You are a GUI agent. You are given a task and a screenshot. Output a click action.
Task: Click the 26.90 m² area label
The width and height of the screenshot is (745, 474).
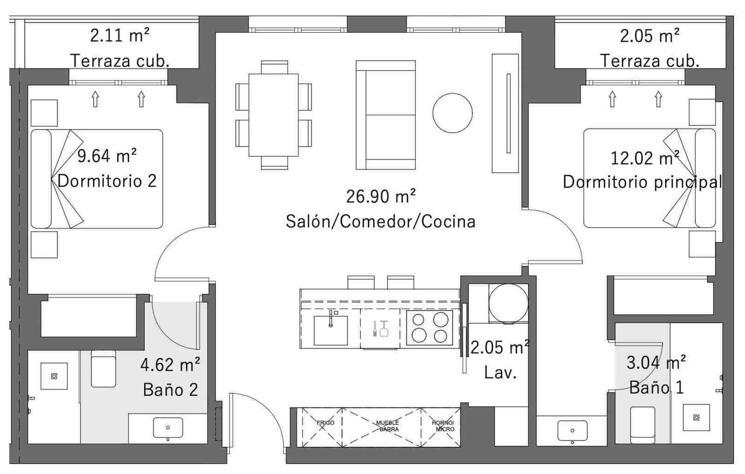380,197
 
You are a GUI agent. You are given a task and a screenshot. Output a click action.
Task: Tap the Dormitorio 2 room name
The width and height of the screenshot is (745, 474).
107,181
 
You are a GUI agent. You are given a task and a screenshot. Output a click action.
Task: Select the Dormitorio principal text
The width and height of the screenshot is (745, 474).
642,182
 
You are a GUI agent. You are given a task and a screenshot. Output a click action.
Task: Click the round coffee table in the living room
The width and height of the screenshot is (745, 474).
452,113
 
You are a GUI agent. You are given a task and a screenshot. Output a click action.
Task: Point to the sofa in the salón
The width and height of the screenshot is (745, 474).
386,115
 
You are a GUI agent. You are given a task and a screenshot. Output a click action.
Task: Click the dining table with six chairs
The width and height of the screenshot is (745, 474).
273,115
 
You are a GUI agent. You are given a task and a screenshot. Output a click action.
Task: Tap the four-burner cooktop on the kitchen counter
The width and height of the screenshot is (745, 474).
429,328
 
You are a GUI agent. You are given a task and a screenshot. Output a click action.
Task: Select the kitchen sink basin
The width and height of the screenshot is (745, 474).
331,330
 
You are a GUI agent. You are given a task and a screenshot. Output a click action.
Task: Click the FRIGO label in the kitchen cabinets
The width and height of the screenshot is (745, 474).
325,423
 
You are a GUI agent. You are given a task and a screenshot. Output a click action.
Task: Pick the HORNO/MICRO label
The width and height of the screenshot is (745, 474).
443,426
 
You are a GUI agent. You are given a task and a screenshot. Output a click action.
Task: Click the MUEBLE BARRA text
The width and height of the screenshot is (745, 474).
387,426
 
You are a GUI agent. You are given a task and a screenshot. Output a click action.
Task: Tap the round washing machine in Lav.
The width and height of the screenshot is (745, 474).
508,304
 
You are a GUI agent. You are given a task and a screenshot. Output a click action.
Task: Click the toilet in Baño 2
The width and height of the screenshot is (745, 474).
103,369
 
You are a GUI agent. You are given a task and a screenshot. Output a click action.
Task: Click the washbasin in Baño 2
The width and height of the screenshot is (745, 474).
168,428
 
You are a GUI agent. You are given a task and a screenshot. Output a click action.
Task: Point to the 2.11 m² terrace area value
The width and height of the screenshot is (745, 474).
120,35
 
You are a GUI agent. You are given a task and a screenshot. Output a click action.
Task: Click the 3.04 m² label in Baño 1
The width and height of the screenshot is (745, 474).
656,362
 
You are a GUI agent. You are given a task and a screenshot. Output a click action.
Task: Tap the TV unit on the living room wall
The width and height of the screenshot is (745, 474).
505,113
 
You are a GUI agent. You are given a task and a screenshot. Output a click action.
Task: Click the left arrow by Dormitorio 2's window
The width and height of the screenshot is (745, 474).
95,99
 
